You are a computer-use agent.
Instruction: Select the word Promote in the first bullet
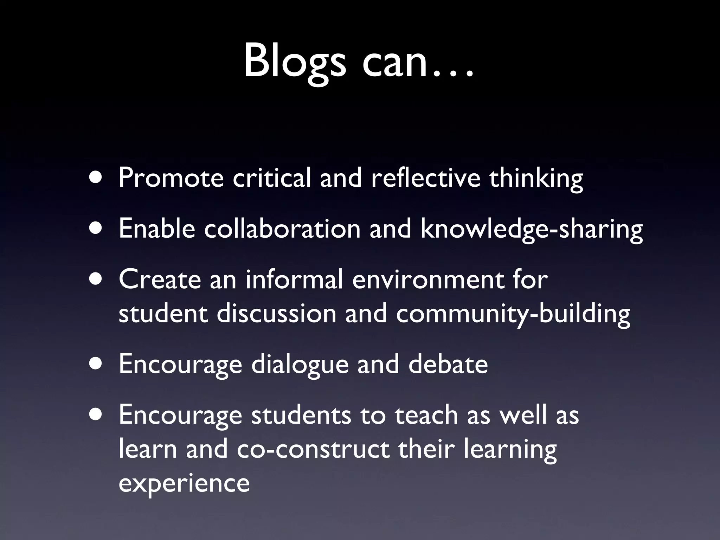click(x=171, y=178)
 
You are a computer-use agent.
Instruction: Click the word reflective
click(x=425, y=178)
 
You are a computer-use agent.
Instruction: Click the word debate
click(x=448, y=364)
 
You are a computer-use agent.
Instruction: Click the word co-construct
click(x=313, y=449)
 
